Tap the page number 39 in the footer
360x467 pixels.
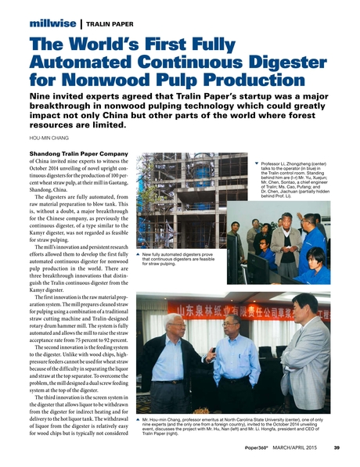(334, 448)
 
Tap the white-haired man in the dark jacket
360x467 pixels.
(174, 360)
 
